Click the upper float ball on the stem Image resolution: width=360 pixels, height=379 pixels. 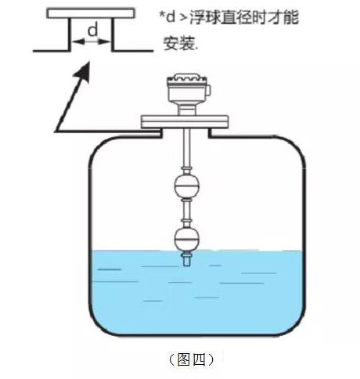[188, 188]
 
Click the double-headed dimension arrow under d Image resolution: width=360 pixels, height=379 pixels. [92, 44]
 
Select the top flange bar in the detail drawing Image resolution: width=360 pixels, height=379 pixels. [91, 13]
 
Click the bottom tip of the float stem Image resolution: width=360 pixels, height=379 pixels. [188, 266]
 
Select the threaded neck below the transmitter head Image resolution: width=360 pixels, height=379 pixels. [188, 109]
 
